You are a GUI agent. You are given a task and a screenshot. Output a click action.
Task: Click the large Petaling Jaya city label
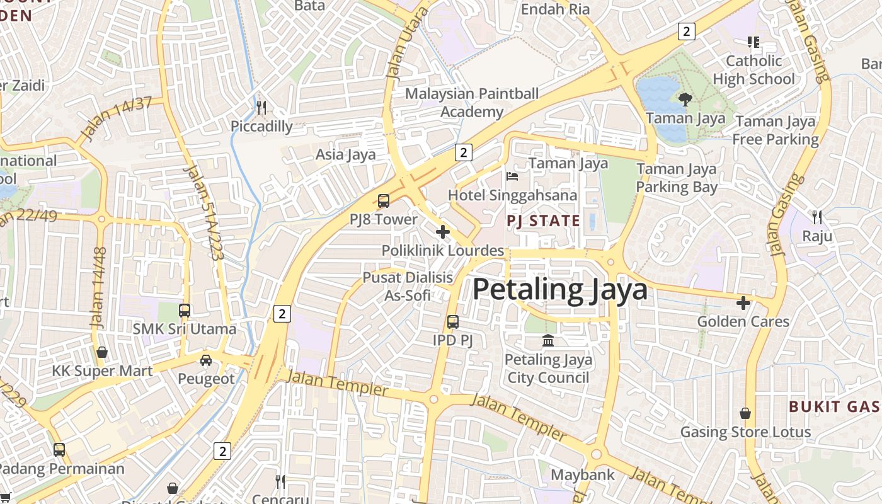pos(559,290)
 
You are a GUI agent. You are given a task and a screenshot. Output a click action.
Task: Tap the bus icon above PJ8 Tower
pos(383,201)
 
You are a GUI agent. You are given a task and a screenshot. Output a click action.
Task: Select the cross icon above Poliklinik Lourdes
pos(443,232)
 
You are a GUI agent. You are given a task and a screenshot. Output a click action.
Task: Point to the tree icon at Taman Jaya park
pos(685,99)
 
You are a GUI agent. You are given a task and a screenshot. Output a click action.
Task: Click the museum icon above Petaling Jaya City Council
pos(548,340)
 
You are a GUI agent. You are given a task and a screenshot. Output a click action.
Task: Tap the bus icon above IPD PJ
pos(452,322)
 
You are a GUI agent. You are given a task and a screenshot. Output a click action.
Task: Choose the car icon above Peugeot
pos(206,360)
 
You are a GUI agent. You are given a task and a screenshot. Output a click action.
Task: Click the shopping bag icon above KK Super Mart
pos(102,352)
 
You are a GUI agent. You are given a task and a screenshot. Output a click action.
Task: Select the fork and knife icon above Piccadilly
pos(261,107)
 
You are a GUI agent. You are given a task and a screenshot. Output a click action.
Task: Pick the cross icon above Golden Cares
pos(743,303)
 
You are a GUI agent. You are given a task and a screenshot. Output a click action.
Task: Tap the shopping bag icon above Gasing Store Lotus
pos(745,413)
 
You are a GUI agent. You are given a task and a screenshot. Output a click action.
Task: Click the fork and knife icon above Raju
pos(817,217)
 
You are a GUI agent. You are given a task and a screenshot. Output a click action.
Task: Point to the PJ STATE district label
pos(544,221)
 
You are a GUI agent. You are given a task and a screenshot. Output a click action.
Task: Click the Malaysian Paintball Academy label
pos(472,103)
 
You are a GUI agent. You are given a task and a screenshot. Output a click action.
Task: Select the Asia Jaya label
pos(345,154)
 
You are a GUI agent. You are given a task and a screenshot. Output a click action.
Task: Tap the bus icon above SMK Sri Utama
pos(185,310)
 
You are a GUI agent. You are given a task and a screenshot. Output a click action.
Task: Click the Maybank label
pos(583,474)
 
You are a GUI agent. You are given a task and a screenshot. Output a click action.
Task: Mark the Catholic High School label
pos(753,70)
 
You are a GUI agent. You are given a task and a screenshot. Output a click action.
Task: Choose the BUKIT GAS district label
pos(834,406)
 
